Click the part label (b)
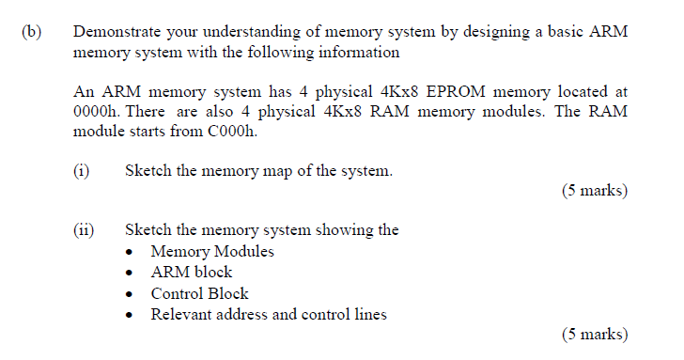pyautogui.click(x=31, y=31)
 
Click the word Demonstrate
pyautogui.click(x=117, y=31)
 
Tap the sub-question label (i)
pyautogui.click(x=83, y=171)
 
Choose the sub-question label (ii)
pyautogui.click(x=85, y=230)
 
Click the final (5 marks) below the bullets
pyautogui.click(x=594, y=334)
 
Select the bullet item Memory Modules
pyautogui.click(x=212, y=252)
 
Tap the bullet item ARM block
pyautogui.click(x=191, y=273)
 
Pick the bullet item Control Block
pyautogui.click(x=199, y=293)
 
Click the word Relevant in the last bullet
pyautogui.click(x=182, y=314)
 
